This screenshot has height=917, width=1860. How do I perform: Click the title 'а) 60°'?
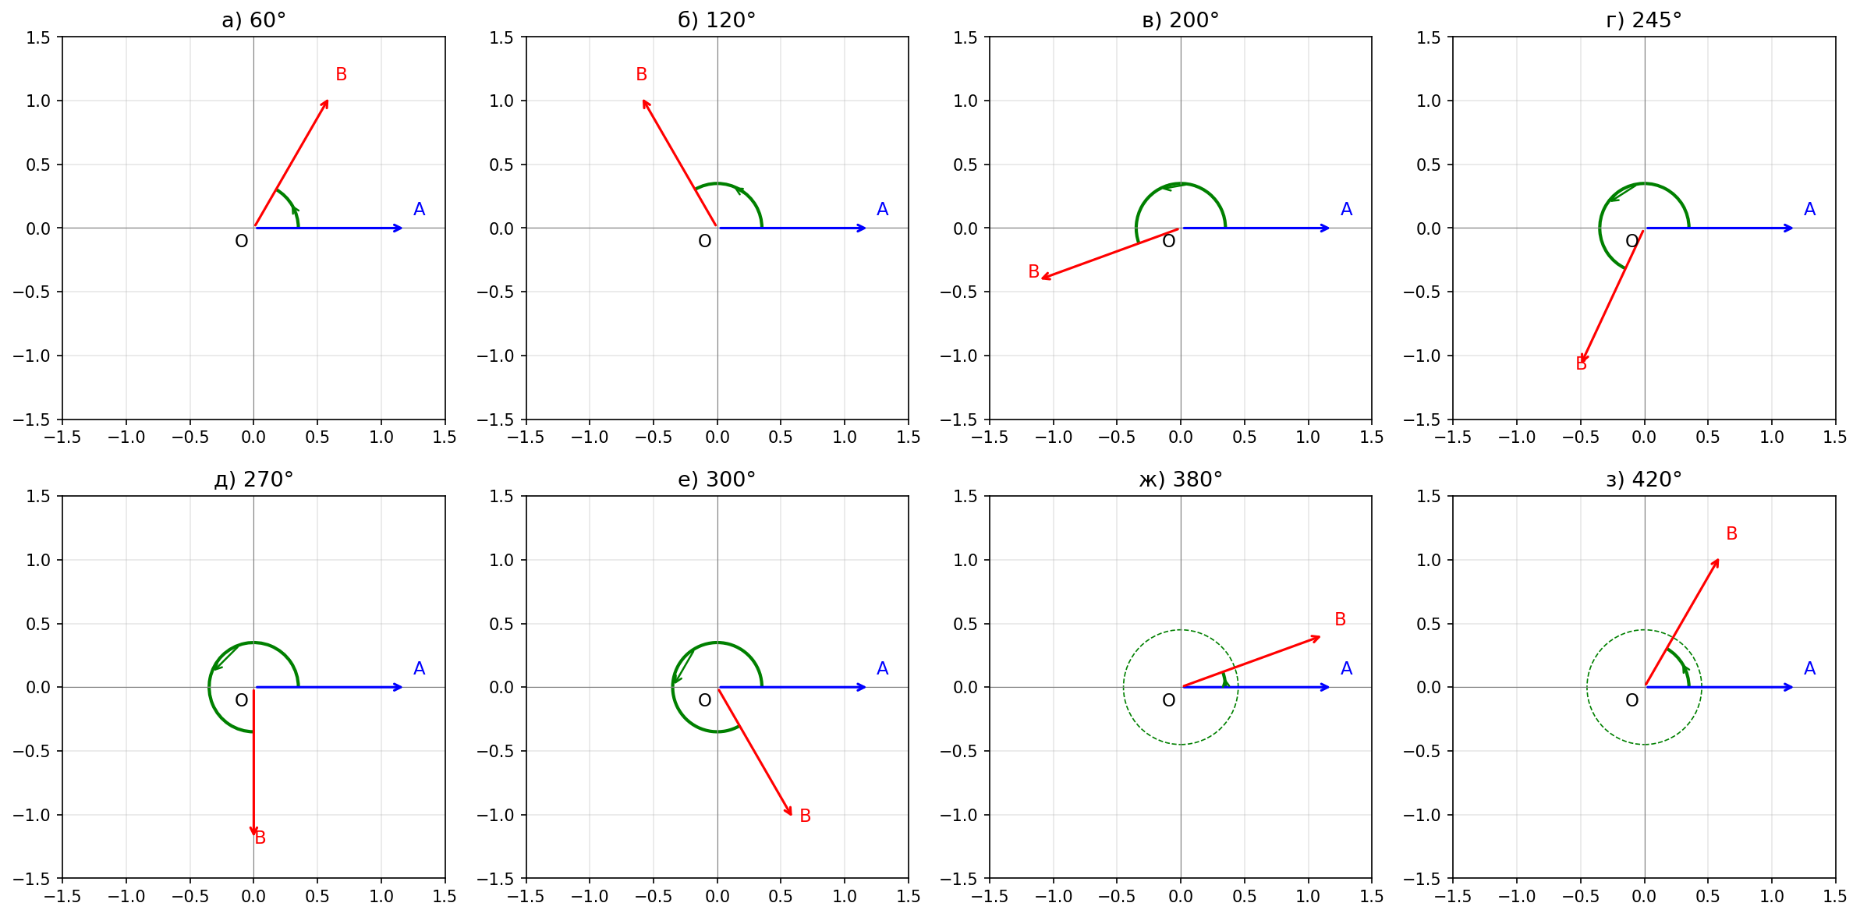(253, 20)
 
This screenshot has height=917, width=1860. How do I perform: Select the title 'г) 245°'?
(1644, 20)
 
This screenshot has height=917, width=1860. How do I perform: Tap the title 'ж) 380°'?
(1180, 480)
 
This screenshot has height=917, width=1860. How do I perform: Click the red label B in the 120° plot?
(641, 74)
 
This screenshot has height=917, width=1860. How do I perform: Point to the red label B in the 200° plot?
(1033, 271)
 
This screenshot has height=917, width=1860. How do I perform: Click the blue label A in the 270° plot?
(419, 668)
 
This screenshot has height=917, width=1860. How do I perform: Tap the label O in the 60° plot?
(242, 242)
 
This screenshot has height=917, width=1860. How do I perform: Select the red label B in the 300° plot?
(805, 816)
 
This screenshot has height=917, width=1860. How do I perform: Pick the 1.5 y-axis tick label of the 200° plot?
(965, 37)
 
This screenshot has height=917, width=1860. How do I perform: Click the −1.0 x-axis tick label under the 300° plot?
(590, 897)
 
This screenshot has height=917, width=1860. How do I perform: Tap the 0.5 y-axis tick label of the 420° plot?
(1429, 624)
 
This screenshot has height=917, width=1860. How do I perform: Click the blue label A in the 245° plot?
(1809, 209)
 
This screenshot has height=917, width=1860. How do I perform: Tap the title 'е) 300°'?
(717, 480)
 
